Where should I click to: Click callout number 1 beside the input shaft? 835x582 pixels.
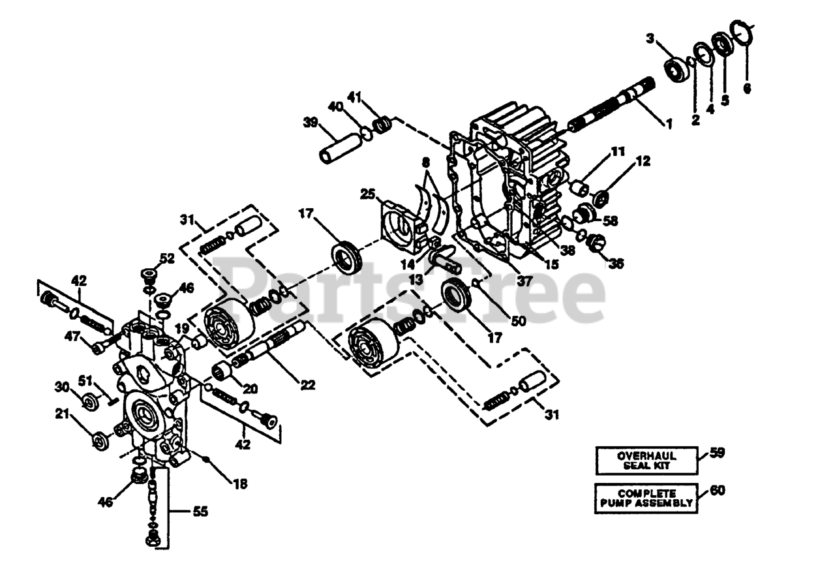coord(667,122)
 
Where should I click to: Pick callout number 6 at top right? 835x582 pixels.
coord(747,87)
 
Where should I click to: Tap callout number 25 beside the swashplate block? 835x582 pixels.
coord(367,194)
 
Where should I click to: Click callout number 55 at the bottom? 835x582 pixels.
coord(200,512)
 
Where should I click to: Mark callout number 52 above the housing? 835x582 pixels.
coord(167,258)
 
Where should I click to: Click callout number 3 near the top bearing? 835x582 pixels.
coord(650,39)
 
